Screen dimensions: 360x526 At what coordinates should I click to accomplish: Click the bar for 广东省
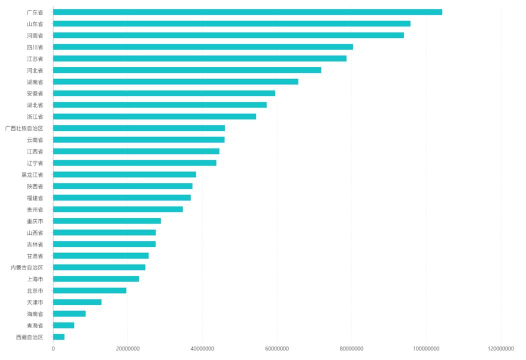coord(247,12)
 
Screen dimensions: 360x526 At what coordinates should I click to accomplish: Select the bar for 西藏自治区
coord(58,337)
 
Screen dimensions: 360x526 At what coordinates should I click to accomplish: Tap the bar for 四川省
coord(203,47)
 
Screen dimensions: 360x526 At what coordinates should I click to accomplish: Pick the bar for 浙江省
coord(154,116)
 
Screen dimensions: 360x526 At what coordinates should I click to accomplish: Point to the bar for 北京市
coord(89,290)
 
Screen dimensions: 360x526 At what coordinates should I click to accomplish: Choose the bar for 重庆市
coord(107,221)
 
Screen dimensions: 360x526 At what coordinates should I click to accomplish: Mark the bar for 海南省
coord(69,313)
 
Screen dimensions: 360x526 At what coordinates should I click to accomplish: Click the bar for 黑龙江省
coord(124,174)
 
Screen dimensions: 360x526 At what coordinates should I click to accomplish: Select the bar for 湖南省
coord(175,81)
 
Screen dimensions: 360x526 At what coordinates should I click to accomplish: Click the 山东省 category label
coord(35,23)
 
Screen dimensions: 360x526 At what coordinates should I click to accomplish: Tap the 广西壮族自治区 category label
coord(24,128)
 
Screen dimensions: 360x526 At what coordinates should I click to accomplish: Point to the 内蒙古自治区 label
coord(27,267)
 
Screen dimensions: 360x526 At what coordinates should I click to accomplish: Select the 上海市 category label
coord(35,279)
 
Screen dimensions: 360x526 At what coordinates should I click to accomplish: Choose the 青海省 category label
coord(35,325)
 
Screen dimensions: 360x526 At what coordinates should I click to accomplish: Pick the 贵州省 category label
coord(35,209)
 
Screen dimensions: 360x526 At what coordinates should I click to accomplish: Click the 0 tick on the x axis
coord(53,349)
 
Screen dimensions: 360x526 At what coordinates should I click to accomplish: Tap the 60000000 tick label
coord(277,349)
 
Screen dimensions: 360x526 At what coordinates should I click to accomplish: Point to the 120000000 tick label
coord(500,349)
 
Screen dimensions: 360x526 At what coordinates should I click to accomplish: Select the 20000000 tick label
coord(127,349)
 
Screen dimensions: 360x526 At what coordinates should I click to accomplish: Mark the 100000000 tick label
coord(426,349)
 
